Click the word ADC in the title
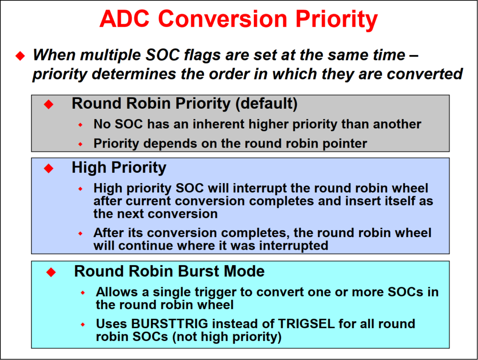click(124, 19)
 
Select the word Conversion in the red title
click(223, 19)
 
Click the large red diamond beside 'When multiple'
click(20, 56)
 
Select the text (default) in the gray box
click(267, 104)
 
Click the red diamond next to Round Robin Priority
click(49, 104)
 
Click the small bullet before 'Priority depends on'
click(80, 144)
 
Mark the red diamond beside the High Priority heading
click(49, 168)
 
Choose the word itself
click(387, 201)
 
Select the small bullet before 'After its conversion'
click(80, 233)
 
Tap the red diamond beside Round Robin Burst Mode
click(51, 272)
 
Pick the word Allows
click(117, 292)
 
